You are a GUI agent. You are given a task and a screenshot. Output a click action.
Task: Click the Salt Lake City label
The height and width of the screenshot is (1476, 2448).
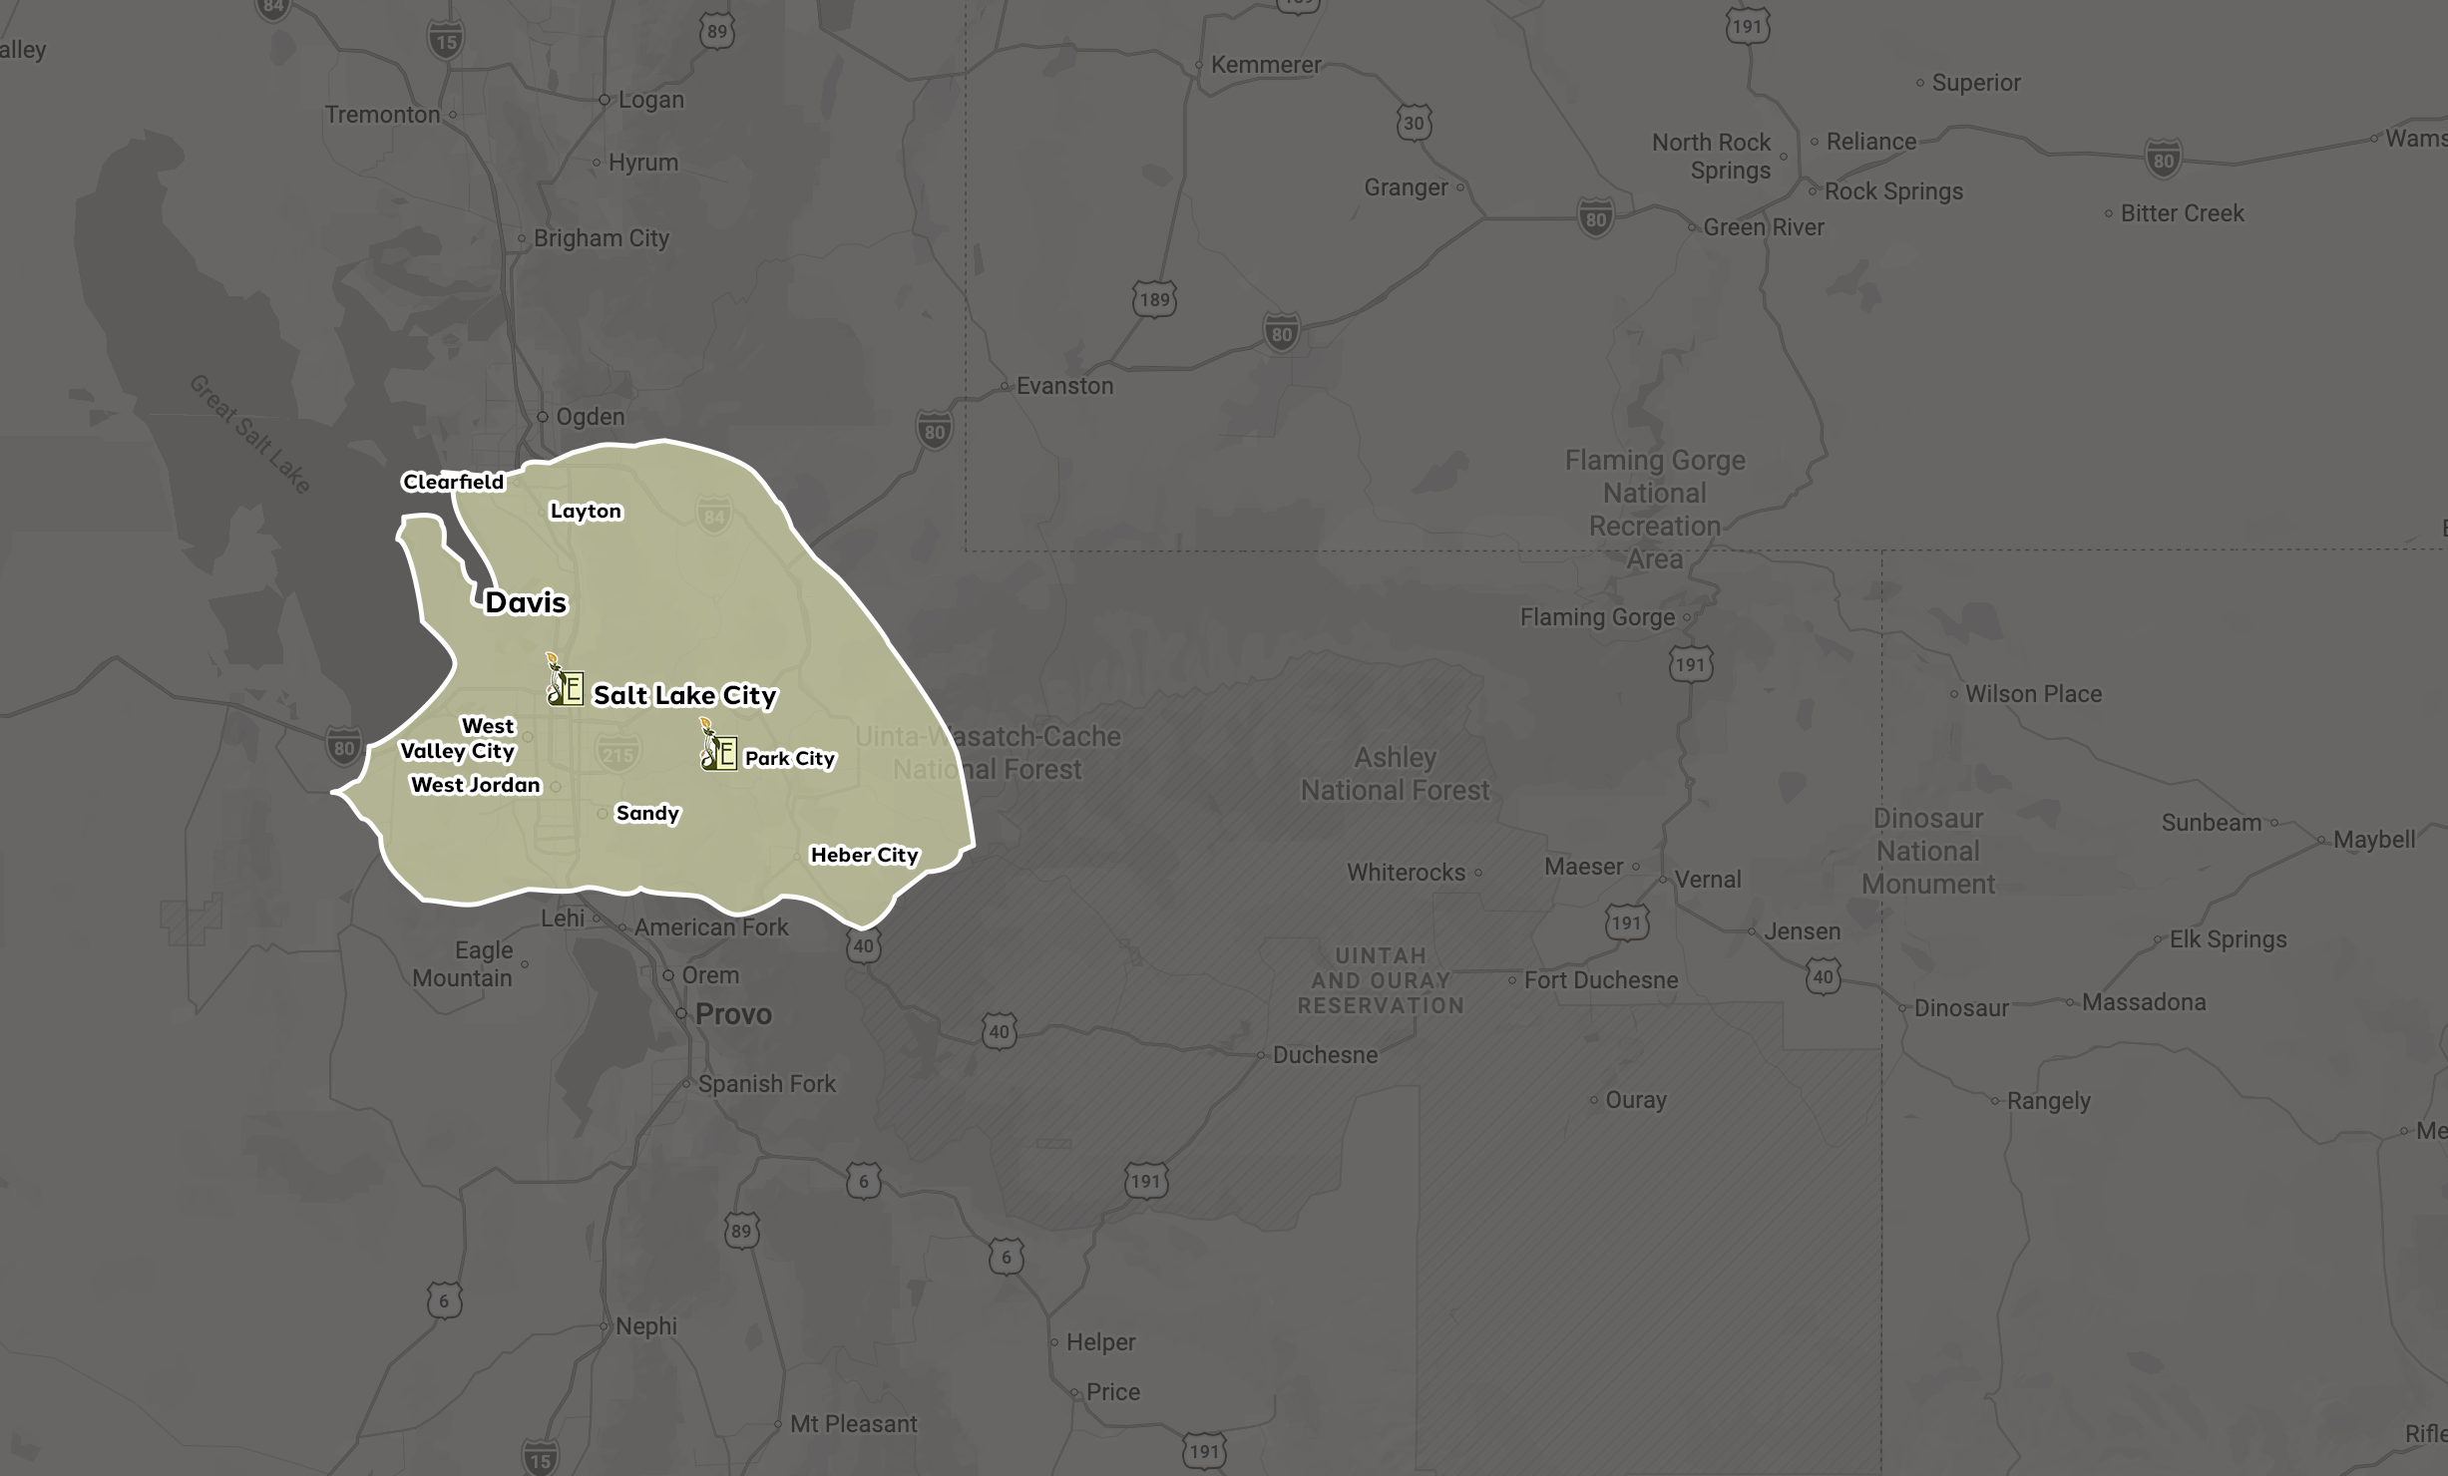[x=684, y=695]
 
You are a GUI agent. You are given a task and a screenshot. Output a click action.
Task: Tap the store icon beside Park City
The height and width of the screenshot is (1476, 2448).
[x=718, y=748]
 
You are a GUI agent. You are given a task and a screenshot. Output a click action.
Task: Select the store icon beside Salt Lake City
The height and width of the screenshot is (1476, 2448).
[x=565, y=683]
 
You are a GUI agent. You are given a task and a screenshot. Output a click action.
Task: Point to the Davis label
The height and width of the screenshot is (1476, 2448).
[x=526, y=602]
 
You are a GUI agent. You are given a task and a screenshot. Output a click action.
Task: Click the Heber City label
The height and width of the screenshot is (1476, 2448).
[x=864, y=855]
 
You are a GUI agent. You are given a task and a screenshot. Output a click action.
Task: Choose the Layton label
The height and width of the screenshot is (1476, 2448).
[x=586, y=511]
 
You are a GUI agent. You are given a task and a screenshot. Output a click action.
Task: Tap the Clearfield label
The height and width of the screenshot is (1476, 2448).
[x=453, y=482]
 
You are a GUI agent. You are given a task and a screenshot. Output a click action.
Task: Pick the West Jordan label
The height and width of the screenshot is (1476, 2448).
[x=476, y=785]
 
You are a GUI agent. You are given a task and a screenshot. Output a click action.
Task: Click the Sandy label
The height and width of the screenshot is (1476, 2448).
[x=647, y=813]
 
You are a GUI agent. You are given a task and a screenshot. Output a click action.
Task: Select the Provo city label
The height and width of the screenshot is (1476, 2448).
[x=733, y=1014]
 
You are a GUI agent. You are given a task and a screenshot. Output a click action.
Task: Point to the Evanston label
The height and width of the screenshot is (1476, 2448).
[x=1064, y=386]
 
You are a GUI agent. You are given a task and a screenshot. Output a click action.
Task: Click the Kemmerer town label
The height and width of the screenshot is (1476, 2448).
[x=1265, y=65]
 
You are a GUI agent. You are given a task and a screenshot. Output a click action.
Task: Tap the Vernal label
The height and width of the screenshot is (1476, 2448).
[x=1707, y=880]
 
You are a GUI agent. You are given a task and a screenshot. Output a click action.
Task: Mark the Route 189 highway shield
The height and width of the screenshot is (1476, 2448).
[x=1154, y=299]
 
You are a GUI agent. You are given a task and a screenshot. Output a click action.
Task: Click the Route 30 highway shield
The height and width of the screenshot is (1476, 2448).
[x=1414, y=124]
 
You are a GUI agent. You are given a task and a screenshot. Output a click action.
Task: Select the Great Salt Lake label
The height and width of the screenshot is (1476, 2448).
[x=250, y=434]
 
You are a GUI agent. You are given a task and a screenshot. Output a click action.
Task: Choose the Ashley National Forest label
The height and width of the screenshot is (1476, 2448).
[x=1395, y=774]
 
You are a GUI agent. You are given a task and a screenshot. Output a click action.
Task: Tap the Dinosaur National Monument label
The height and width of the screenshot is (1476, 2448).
[x=1927, y=851]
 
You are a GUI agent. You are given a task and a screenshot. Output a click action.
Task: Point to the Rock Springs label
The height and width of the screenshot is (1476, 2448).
[x=1893, y=191]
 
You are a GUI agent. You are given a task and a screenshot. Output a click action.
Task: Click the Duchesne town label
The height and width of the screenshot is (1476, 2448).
[x=1325, y=1055]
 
